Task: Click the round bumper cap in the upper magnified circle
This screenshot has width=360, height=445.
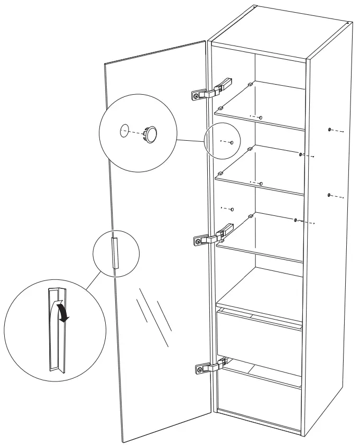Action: [x=152, y=134]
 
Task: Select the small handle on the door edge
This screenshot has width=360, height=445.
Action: [x=115, y=253]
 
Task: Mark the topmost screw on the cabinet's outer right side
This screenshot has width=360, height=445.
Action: [x=330, y=129]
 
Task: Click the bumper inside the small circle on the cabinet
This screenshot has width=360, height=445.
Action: [x=232, y=142]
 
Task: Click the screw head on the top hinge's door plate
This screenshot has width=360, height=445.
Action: [x=197, y=96]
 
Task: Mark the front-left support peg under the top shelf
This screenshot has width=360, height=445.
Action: [x=218, y=108]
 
